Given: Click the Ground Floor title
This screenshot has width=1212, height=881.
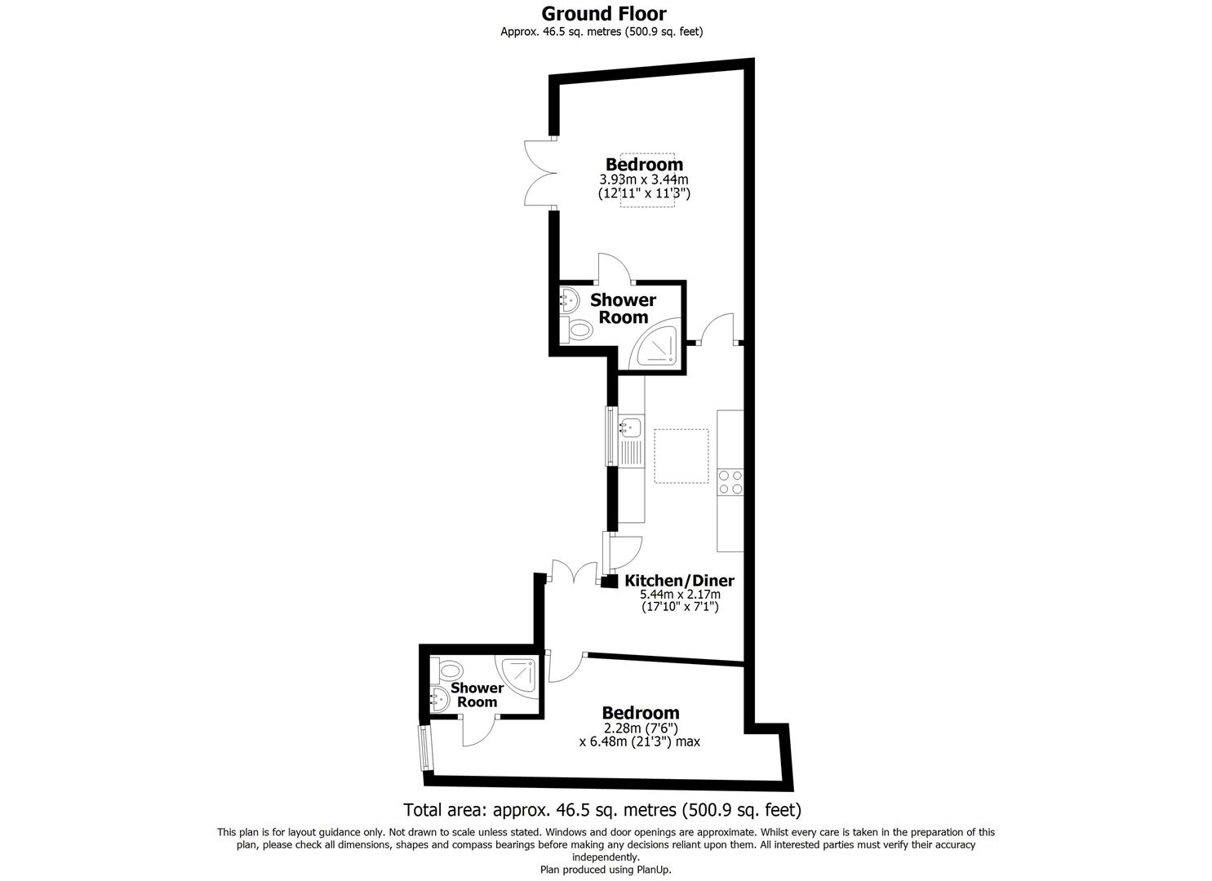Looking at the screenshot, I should coord(604,14).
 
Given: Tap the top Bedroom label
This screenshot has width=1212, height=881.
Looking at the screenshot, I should coord(644,164).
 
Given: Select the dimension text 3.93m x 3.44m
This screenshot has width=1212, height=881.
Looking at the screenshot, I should coord(644,179).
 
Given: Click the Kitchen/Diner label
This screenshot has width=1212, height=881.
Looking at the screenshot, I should coord(679,581).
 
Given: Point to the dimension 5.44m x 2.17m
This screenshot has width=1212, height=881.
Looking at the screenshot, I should coord(679,595).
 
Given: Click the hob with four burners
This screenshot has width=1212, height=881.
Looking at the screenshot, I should coord(730,482).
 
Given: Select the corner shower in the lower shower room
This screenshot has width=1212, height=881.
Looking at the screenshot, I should coord(520,676).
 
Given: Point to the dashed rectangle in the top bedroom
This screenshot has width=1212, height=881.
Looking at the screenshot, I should coord(647,180).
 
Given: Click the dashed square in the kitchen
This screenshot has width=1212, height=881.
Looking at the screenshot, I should coord(681,454).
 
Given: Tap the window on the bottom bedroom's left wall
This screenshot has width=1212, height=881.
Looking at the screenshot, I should coord(424,748).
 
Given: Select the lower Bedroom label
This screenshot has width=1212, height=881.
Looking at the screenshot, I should coord(640,713).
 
